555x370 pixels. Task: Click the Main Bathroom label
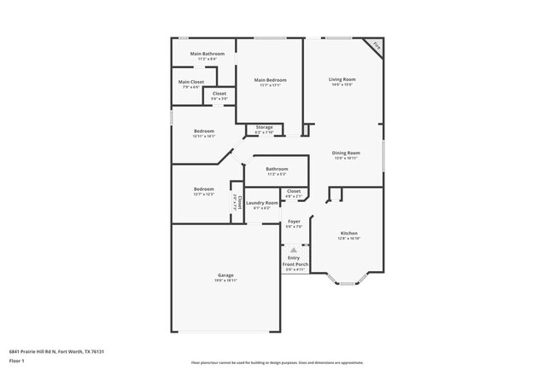[207, 54]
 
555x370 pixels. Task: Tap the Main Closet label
[190, 82]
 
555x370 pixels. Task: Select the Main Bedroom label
[270, 80]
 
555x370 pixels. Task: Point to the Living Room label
[342, 79]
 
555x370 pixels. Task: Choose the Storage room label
[265, 127]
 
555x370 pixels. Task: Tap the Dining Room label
[346, 153]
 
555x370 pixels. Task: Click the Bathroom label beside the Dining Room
[277, 169]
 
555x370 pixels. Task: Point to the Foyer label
[294, 222]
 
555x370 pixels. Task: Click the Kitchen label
[348, 234]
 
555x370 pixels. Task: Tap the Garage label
[225, 275]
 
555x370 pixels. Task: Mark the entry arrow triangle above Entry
[294, 251]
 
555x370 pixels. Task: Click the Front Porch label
[294, 264]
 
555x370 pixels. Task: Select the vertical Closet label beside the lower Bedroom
[241, 203]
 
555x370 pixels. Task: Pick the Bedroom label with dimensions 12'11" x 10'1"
[203, 131]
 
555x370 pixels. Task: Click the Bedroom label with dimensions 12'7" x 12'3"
[203, 189]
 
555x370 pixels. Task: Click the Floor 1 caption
[17, 361]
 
